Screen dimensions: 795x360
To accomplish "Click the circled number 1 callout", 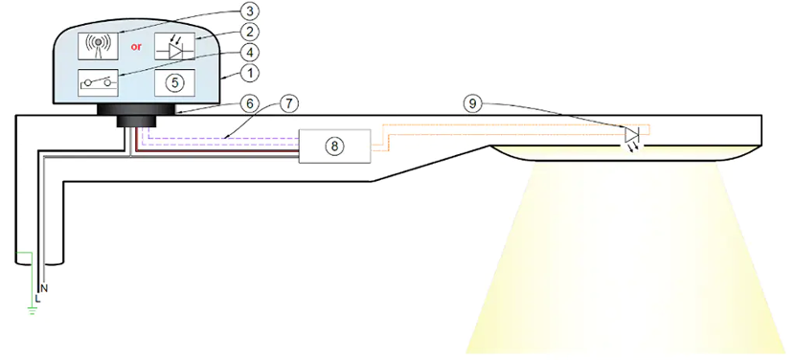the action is (x=250, y=73).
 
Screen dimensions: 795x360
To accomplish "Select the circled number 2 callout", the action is (x=250, y=32).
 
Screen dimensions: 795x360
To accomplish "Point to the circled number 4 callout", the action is (x=250, y=53).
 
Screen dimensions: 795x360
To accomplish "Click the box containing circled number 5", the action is (x=174, y=82).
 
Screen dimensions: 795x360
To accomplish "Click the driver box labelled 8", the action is (x=334, y=146).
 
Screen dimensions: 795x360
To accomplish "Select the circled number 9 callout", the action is (x=472, y=104).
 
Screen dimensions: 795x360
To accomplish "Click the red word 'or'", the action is (x=136, y=47).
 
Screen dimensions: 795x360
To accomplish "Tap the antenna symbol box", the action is (x=98, y=46).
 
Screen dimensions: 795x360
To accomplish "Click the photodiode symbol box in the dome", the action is (x=174, y=46).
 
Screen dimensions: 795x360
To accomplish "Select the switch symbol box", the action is (x=98, y=81).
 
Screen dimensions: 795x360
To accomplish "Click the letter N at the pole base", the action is (x=44, y=288).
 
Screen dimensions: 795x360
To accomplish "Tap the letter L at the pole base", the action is (x=37, y=298).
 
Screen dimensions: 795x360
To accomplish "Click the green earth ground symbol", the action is (x=33, y=310).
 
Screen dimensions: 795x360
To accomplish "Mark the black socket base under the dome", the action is (x=136, y=115).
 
